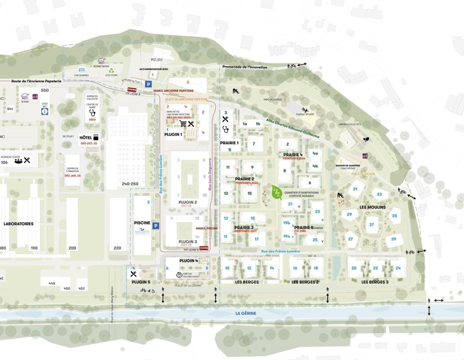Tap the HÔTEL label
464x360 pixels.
click(x=85, y=138)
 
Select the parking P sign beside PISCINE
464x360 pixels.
click(x=156, y=226)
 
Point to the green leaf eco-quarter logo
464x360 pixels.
click(x=277, y=193)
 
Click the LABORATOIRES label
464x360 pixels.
click(x=19, y=224)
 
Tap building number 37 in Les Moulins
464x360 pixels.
click(x=372, y=225)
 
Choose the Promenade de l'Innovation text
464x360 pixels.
click(x=245, y=67)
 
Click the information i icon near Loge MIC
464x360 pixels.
click(x=45, y=111)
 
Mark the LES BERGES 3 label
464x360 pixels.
click(x=374, y=282)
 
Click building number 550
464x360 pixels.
click(x=45, y=90)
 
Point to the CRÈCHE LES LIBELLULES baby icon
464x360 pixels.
click(x=179, y=275)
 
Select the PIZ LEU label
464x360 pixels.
click(x=157, y=59)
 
